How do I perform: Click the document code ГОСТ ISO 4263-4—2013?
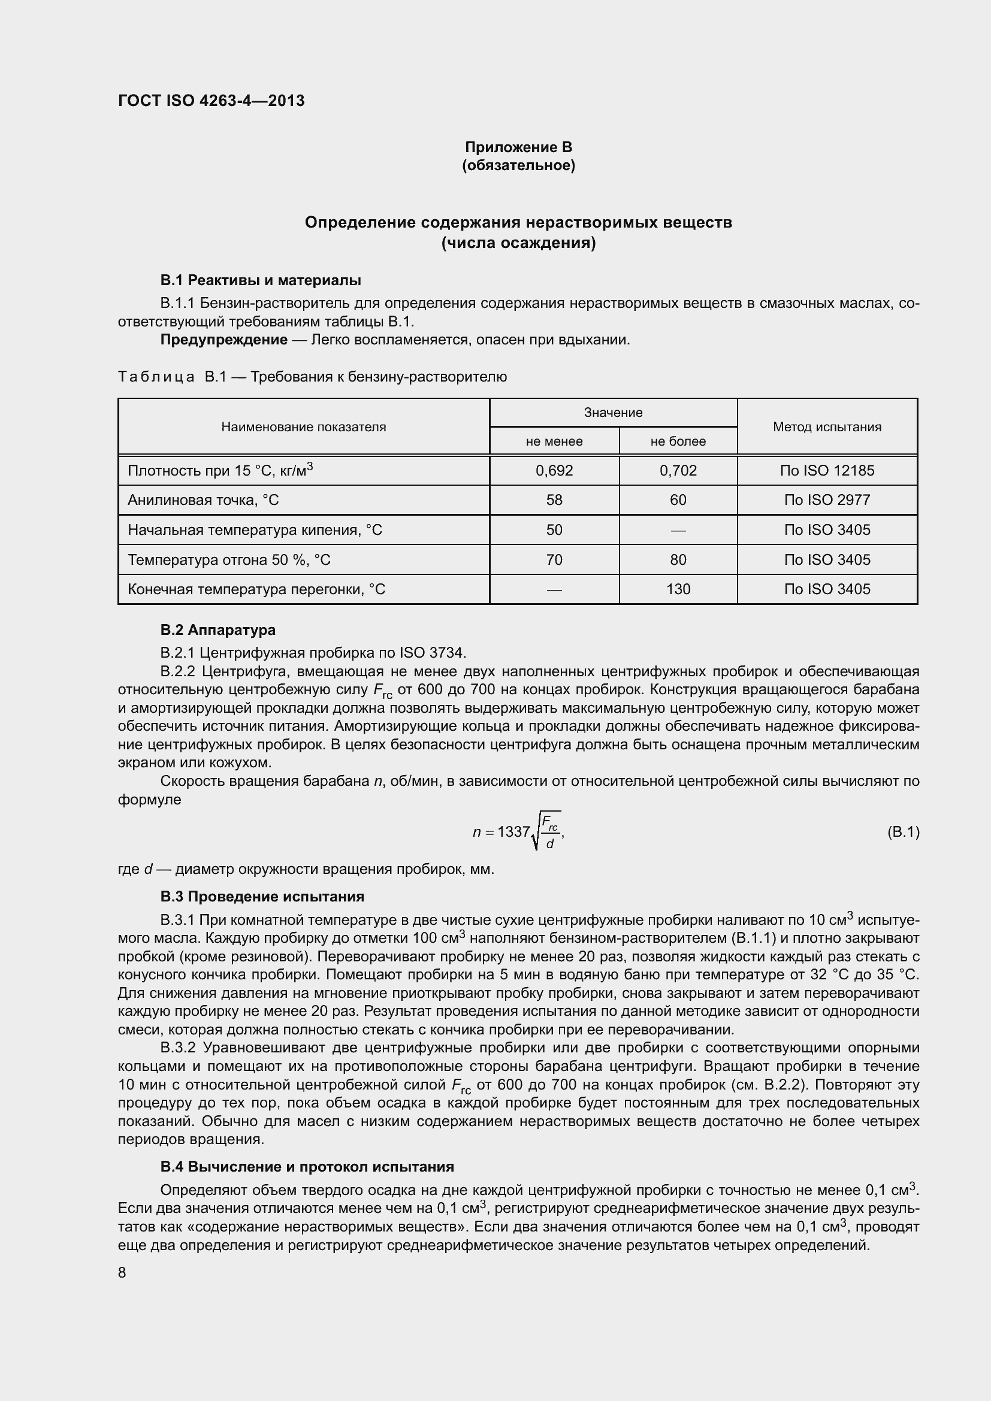tap(211, 101)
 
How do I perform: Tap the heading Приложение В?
tap(518, 147)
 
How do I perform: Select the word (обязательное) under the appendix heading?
tap(518, 165)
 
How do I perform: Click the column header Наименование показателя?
tap(303, 426)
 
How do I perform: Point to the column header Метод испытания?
tap(827, 426)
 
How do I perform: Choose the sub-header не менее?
tap(554, 441)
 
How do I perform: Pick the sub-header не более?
tap(678, 441)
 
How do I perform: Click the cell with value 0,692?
tap(554, 470)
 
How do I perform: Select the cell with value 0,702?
tap(678, 470)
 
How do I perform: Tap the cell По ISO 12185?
tap(827, 470)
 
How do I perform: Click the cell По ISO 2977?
tap(827, 500)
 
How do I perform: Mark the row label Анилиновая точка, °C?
tap(203, 500)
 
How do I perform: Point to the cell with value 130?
tap(678, 589)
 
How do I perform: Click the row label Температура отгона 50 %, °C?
tap(229, 559)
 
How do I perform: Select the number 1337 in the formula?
tap(513, 832)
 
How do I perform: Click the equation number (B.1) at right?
tap(902, 832)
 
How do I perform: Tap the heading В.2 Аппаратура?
tap(218, 630)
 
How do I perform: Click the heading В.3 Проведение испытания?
tap(262, 897)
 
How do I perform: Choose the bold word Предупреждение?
tap(223, 339)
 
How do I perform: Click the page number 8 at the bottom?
tap(122, 1273)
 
